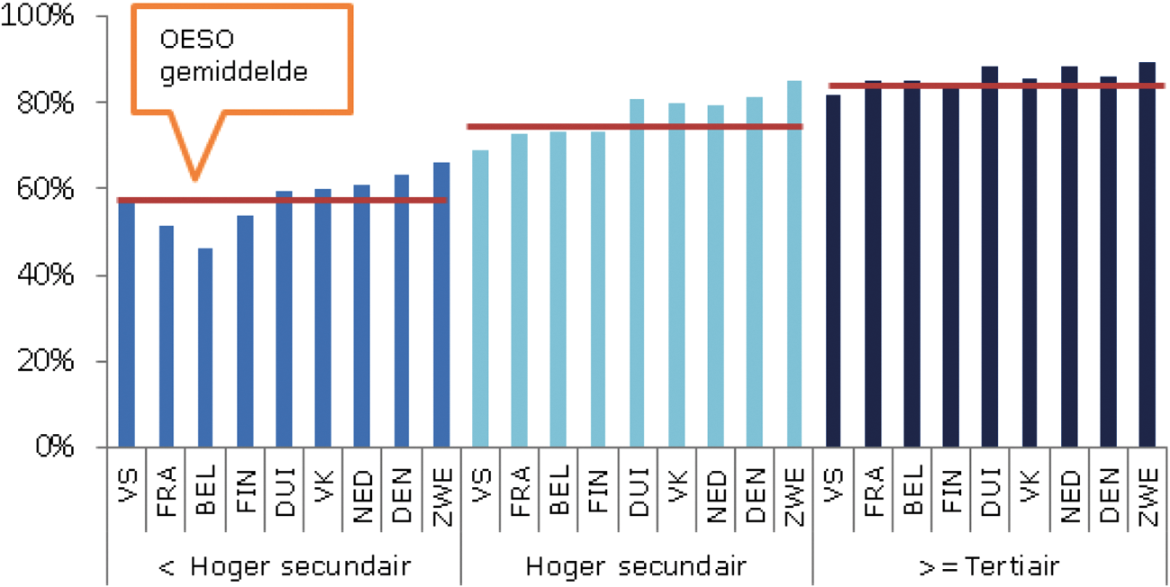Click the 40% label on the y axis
(x=50, y=275)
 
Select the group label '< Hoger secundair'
(x=285, y=566)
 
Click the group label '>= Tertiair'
(x=988, y=566)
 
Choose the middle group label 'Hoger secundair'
(x=636, y=566)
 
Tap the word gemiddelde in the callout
(x=234, y=71)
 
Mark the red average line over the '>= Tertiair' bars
(x=991, y=86)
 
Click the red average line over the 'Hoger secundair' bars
(x=634, y=127)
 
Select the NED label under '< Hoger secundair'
(x=363, y=494)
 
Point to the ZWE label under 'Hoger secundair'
(x=794, y=494)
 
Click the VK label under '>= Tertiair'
(x=1029, y=494)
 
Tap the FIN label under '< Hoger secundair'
(x=245, y=494)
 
